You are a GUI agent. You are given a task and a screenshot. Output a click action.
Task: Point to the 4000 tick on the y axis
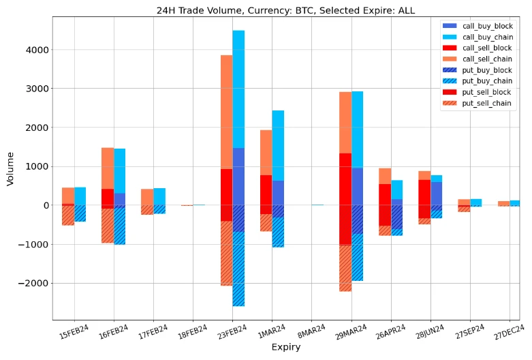pos(38,50)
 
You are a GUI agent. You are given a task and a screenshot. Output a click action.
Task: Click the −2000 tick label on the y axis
pos(35,283)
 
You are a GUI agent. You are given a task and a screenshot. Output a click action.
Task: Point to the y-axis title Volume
pos(10,168)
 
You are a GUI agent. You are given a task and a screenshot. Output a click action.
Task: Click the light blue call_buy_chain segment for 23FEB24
pos(238,89)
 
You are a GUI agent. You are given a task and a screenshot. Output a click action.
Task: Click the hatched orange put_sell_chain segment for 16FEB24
pos(108,225)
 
